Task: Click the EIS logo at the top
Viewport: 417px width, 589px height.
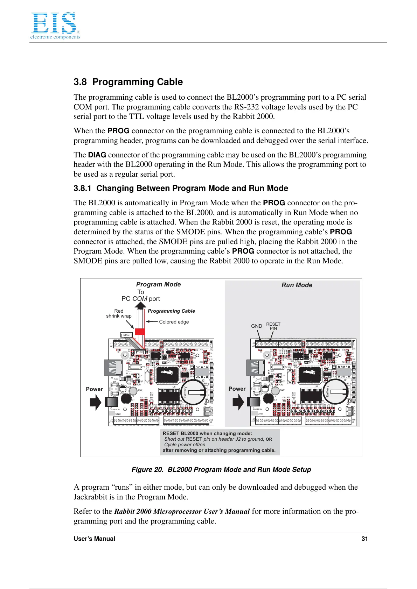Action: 55,25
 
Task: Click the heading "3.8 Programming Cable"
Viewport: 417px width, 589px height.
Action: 128,82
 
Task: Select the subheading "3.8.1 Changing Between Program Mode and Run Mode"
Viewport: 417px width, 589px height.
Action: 181,188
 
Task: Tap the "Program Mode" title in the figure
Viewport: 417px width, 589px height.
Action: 158,284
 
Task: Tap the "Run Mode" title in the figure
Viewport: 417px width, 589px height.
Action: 297,285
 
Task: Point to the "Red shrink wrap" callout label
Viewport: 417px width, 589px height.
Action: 119,313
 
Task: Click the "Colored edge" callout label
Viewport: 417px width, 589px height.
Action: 174,322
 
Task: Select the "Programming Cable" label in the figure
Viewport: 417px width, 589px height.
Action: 171,311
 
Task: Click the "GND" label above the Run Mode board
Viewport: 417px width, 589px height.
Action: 256,326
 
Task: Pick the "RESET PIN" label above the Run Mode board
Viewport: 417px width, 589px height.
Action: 273,326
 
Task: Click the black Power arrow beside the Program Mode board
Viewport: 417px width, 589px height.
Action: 95,402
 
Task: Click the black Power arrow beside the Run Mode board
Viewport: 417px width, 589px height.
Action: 238,402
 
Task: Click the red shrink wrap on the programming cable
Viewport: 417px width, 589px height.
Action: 140,332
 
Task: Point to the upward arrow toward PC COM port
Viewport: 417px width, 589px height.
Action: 140,306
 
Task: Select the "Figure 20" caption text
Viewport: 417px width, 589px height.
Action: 221,469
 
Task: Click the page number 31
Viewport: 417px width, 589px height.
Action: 364,539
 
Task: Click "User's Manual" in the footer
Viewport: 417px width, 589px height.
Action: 94,539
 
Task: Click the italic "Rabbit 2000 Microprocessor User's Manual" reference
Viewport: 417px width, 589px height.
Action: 182,511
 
